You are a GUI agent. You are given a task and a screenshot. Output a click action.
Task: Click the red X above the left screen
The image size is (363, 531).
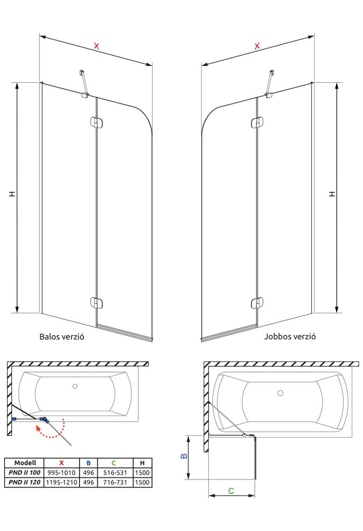[x=97, y=46]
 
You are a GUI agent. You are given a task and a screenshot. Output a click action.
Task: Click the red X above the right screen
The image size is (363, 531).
[x=257, y=46]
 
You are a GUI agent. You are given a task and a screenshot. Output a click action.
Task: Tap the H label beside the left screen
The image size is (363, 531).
[x=11, y=194]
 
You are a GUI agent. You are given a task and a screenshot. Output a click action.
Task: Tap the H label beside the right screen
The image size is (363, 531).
[x=332, y=193]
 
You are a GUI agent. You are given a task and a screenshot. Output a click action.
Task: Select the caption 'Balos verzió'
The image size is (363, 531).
[x=62, y=338]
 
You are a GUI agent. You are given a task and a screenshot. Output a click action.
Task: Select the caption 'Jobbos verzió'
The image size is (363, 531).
[x=290, y=337]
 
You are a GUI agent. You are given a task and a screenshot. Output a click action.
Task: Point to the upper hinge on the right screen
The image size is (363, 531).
[x=257, y=123]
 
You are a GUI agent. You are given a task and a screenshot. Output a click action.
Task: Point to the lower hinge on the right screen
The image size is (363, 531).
[x=257, y=303]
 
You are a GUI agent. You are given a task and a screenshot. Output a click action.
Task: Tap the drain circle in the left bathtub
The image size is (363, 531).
[x=75, y=386]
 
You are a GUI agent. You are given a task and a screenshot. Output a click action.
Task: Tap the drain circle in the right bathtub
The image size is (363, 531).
[x=280, y=393]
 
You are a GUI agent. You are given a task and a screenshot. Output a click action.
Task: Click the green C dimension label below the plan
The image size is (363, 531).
[x=231, y=490]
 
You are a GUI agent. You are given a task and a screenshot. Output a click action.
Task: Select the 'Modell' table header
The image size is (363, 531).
[x=25, y=463]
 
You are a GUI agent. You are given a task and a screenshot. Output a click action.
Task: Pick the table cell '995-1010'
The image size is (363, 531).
[x=62, y=472]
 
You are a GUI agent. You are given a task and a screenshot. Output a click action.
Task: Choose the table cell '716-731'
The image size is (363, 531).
[x=113, y=483]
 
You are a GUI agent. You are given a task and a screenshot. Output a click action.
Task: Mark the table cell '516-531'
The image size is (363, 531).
[x=113, y=472]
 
